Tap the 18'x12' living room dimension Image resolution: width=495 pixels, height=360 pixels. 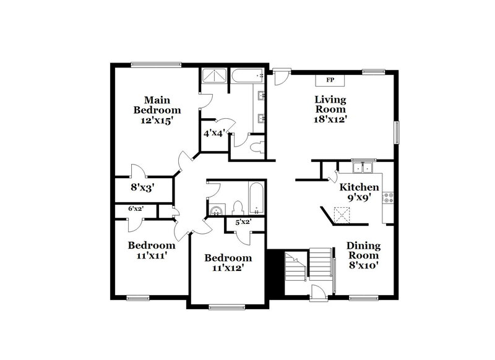330,120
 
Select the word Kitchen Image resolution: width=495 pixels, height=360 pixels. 359,187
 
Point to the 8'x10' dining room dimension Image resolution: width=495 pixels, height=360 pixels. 363,265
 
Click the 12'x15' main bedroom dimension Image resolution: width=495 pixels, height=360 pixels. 158,121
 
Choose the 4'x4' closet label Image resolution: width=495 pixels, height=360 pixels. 214,132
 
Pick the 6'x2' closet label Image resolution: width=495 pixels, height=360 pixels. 136,210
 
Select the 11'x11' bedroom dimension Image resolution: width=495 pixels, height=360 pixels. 148,254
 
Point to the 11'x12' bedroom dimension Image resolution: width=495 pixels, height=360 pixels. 228,268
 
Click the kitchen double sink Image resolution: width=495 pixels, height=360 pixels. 363,167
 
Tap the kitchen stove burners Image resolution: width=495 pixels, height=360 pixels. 389,198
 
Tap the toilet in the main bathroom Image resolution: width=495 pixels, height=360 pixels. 258,147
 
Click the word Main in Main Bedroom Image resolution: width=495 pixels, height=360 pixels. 157,100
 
